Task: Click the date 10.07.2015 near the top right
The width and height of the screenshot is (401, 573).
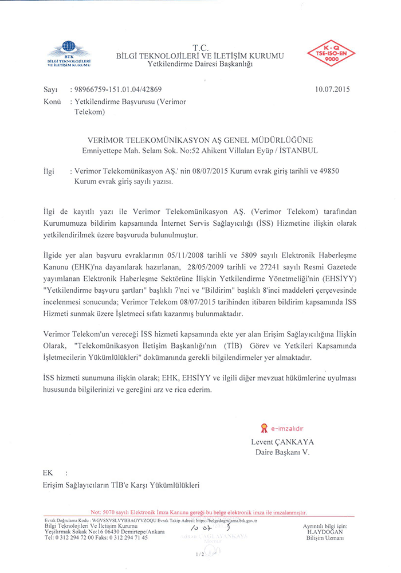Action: pyautogui.click(x=332, y=89)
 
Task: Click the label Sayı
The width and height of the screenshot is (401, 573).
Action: pyautogui.click(x=51, y=90)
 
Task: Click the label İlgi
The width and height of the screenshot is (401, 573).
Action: pyautogui.click(x=49, y=171)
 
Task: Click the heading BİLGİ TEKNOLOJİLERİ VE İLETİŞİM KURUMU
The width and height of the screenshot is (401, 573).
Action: pyautogui.click(x=200, y=56)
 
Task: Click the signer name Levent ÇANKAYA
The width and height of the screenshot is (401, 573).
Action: pyautogui.click(x=282, y=442)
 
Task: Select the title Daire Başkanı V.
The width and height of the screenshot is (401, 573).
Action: pyautogui.click(x=282, y=452)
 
